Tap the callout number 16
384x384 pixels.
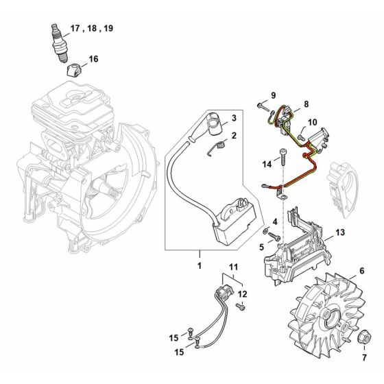pos(93,59)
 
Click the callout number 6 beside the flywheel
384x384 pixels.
pos(359,272)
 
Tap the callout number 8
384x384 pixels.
pos(307,103)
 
